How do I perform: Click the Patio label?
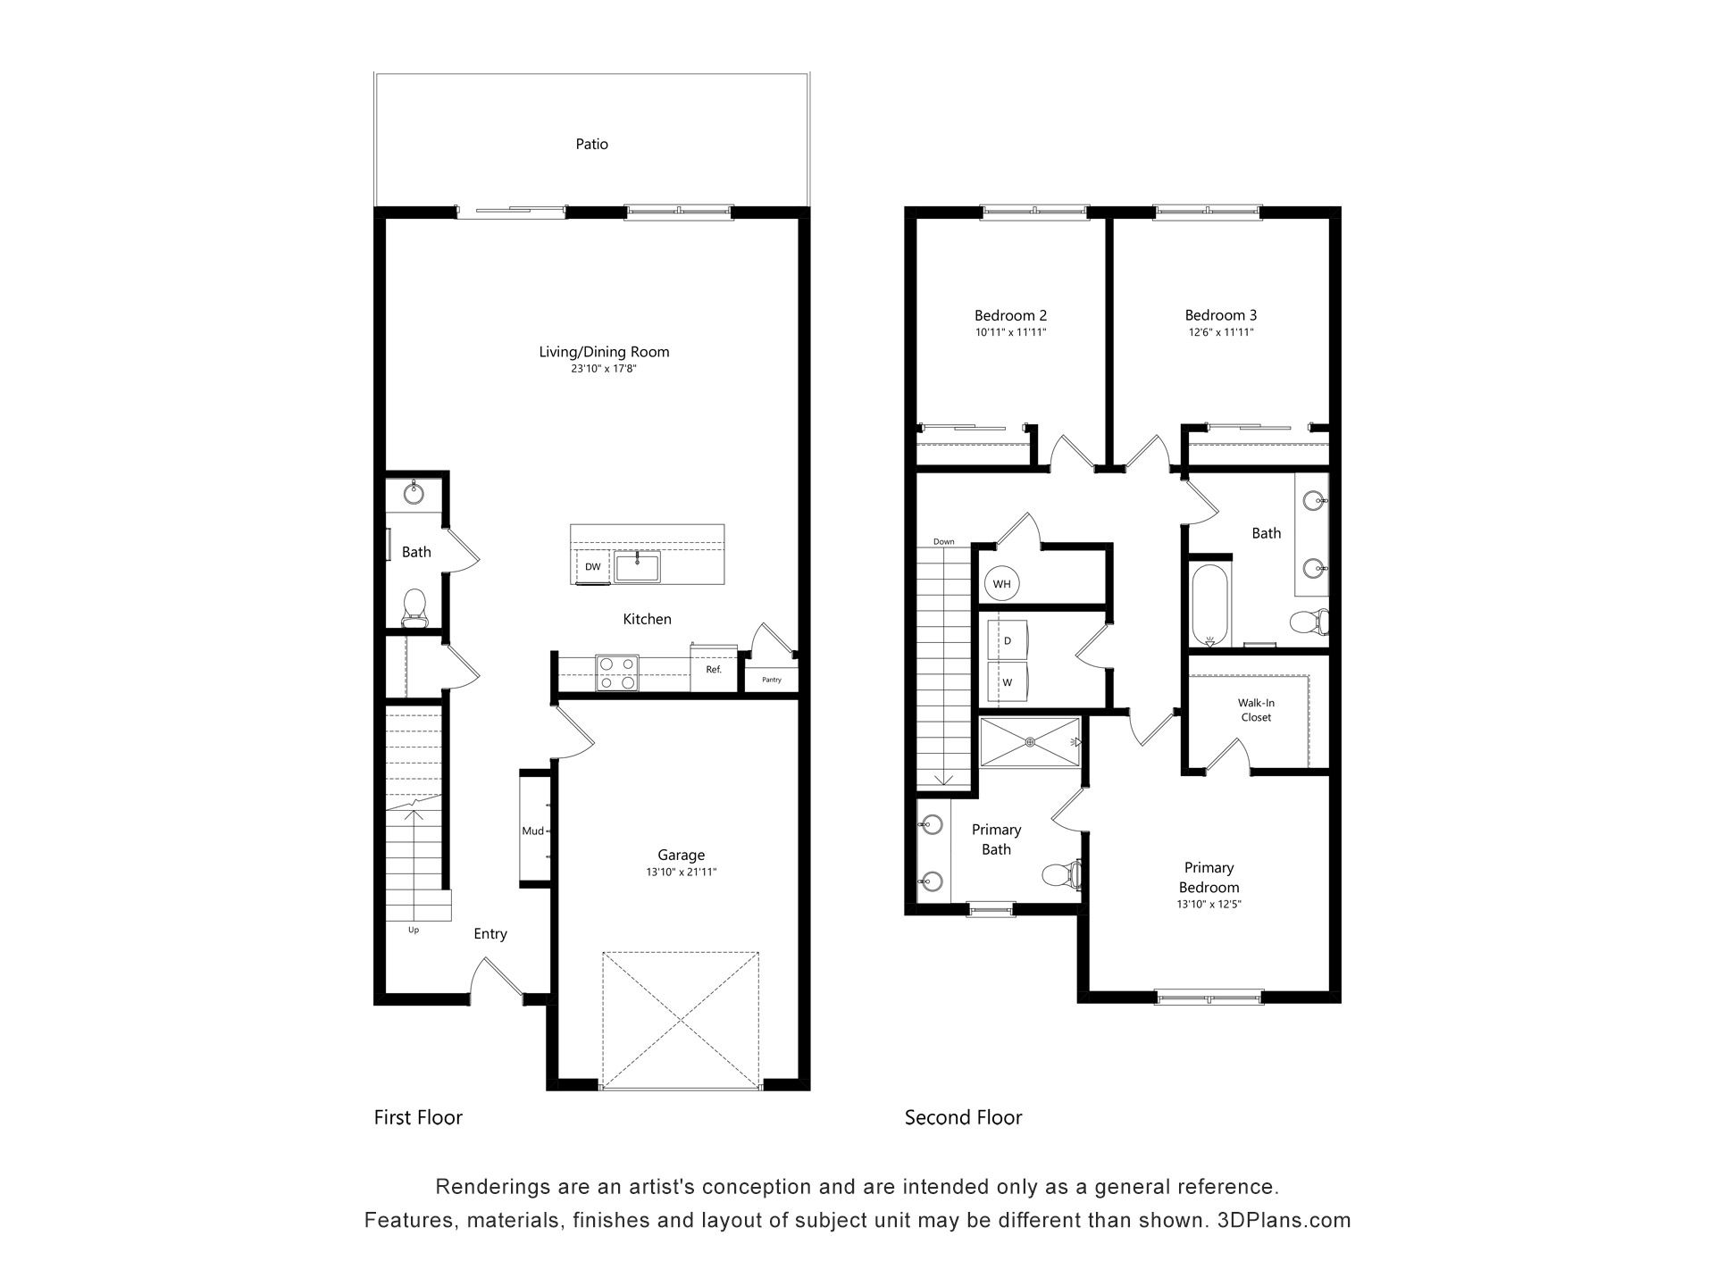tap(591, 144)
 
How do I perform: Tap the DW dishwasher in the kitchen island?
tap(593, 567)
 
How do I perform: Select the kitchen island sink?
tap(637, 567)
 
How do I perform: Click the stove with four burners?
tap(617, 672)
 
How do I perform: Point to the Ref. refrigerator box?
tap(714, 668)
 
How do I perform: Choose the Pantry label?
tap(772, 680)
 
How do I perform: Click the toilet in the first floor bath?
tap(414, 606)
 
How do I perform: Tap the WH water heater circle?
tap(1002, 584)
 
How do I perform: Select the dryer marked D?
tap(1008, 640)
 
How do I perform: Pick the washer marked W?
tap(1008, 681)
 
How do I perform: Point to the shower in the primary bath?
tap(1030, 741)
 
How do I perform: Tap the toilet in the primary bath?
tap(1062, 873)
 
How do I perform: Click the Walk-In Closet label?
tap(1256, 710)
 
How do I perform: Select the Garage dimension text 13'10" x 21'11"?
tap(682, 872)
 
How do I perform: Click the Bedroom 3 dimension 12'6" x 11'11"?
tap(1221, 332)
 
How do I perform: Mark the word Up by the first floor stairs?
tap(414, 930)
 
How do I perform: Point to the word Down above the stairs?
tap(944, 542)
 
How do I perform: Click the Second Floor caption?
tap(963, 1117)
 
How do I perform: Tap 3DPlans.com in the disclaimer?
tap(1284, 1220)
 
